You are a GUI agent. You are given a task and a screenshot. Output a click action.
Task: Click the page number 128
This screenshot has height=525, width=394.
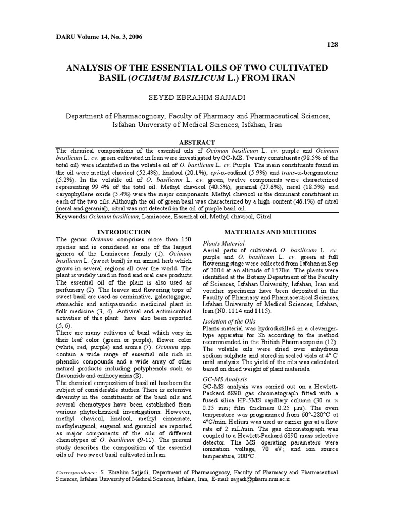pyautogui.click(x=332, y=45)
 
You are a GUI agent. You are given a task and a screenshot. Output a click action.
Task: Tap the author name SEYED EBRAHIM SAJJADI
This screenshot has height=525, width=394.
pyautogui.click(x=196, y=97)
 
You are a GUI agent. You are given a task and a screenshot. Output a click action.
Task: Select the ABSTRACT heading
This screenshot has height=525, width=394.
pyautogui.click(x=197, y=142)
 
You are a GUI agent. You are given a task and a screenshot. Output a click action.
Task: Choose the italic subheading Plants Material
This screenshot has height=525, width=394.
pyautogui.click(x=224, y=243)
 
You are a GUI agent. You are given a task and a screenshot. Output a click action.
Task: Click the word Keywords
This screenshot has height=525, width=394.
pyautogui.click(x=71, y=217)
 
